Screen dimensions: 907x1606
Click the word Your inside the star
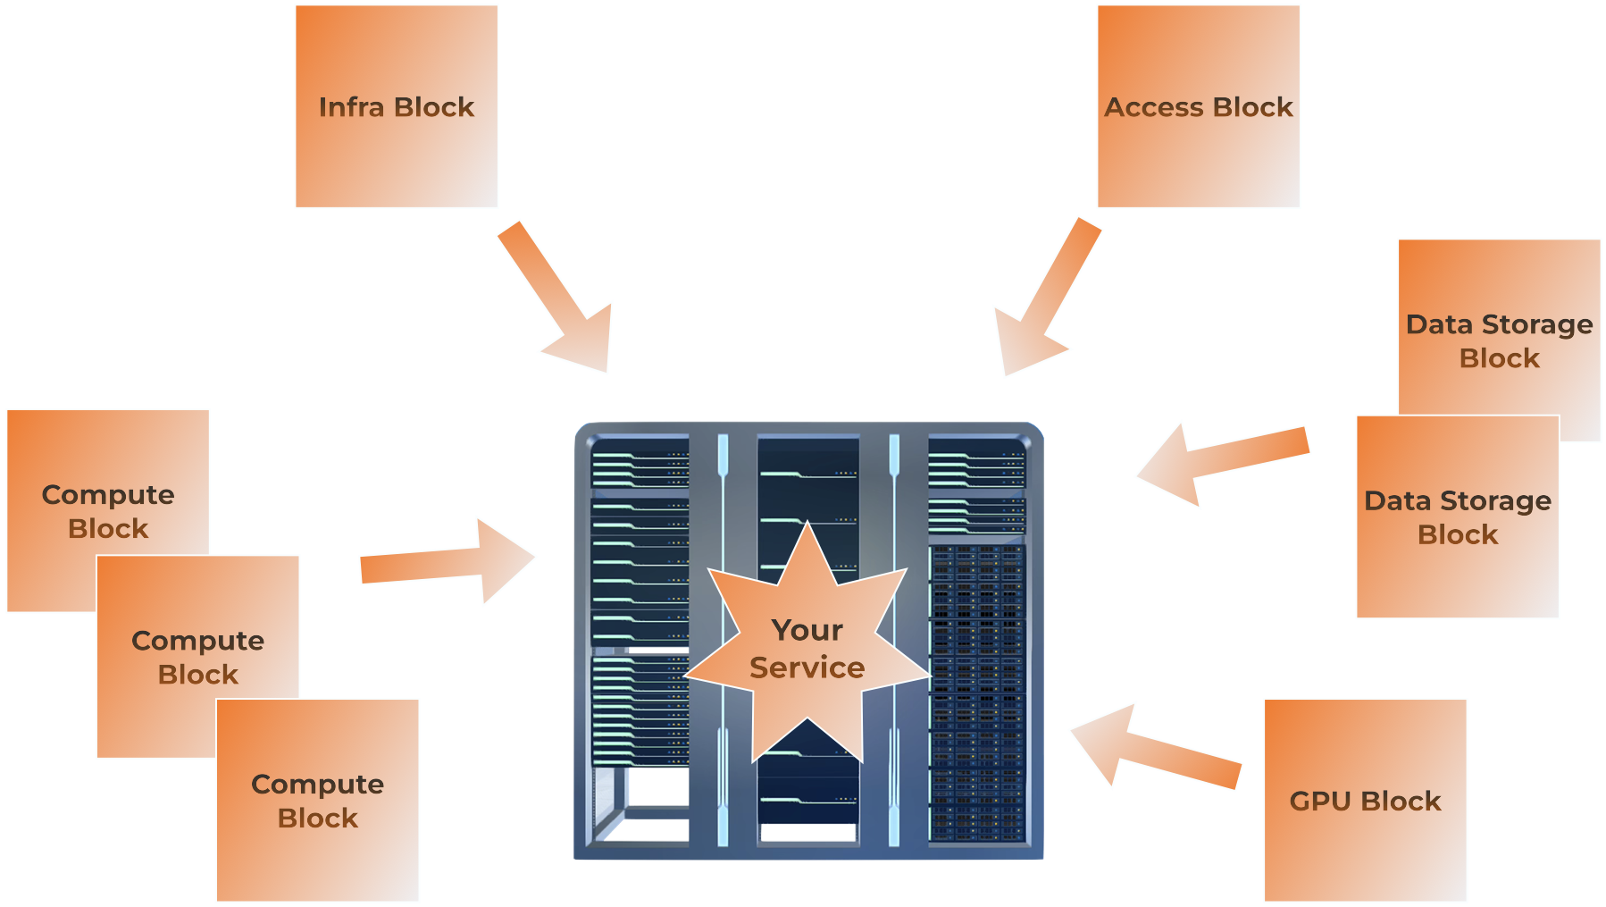807,630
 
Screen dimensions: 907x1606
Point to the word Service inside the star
807,668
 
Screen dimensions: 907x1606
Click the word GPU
1320,801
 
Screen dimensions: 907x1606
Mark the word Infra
351,107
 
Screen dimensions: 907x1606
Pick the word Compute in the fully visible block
318,784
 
